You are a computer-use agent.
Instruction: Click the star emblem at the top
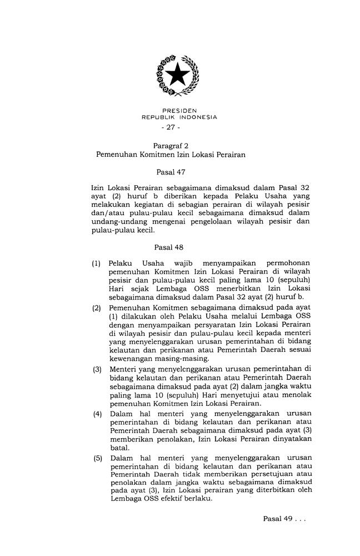(x=178, y=74)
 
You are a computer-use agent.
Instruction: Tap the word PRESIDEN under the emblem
(x=179, y=111)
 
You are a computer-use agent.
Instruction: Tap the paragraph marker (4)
(x=97, y=414)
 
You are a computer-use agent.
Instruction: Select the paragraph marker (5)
(x=97, y=458)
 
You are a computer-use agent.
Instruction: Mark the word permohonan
(x=287, y=263)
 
